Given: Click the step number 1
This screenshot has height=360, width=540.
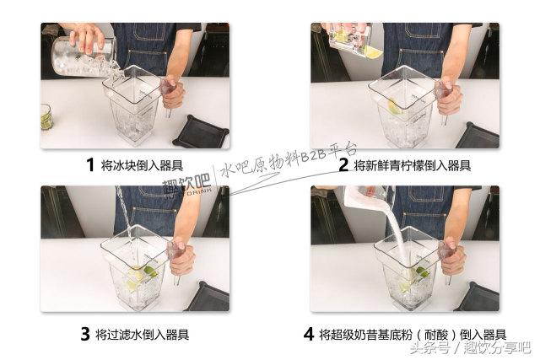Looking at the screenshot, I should point(90,164).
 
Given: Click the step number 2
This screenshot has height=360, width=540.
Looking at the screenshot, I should point(343,164).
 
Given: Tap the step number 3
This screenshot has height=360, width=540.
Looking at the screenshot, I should point(84,333).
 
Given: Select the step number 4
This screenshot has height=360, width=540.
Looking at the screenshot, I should point(308,333).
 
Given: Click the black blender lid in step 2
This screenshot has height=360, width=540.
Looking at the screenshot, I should point(477,135).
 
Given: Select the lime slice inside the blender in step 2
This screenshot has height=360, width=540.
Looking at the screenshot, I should point(396,106).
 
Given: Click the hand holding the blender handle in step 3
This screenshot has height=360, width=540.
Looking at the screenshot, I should point(181,256).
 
